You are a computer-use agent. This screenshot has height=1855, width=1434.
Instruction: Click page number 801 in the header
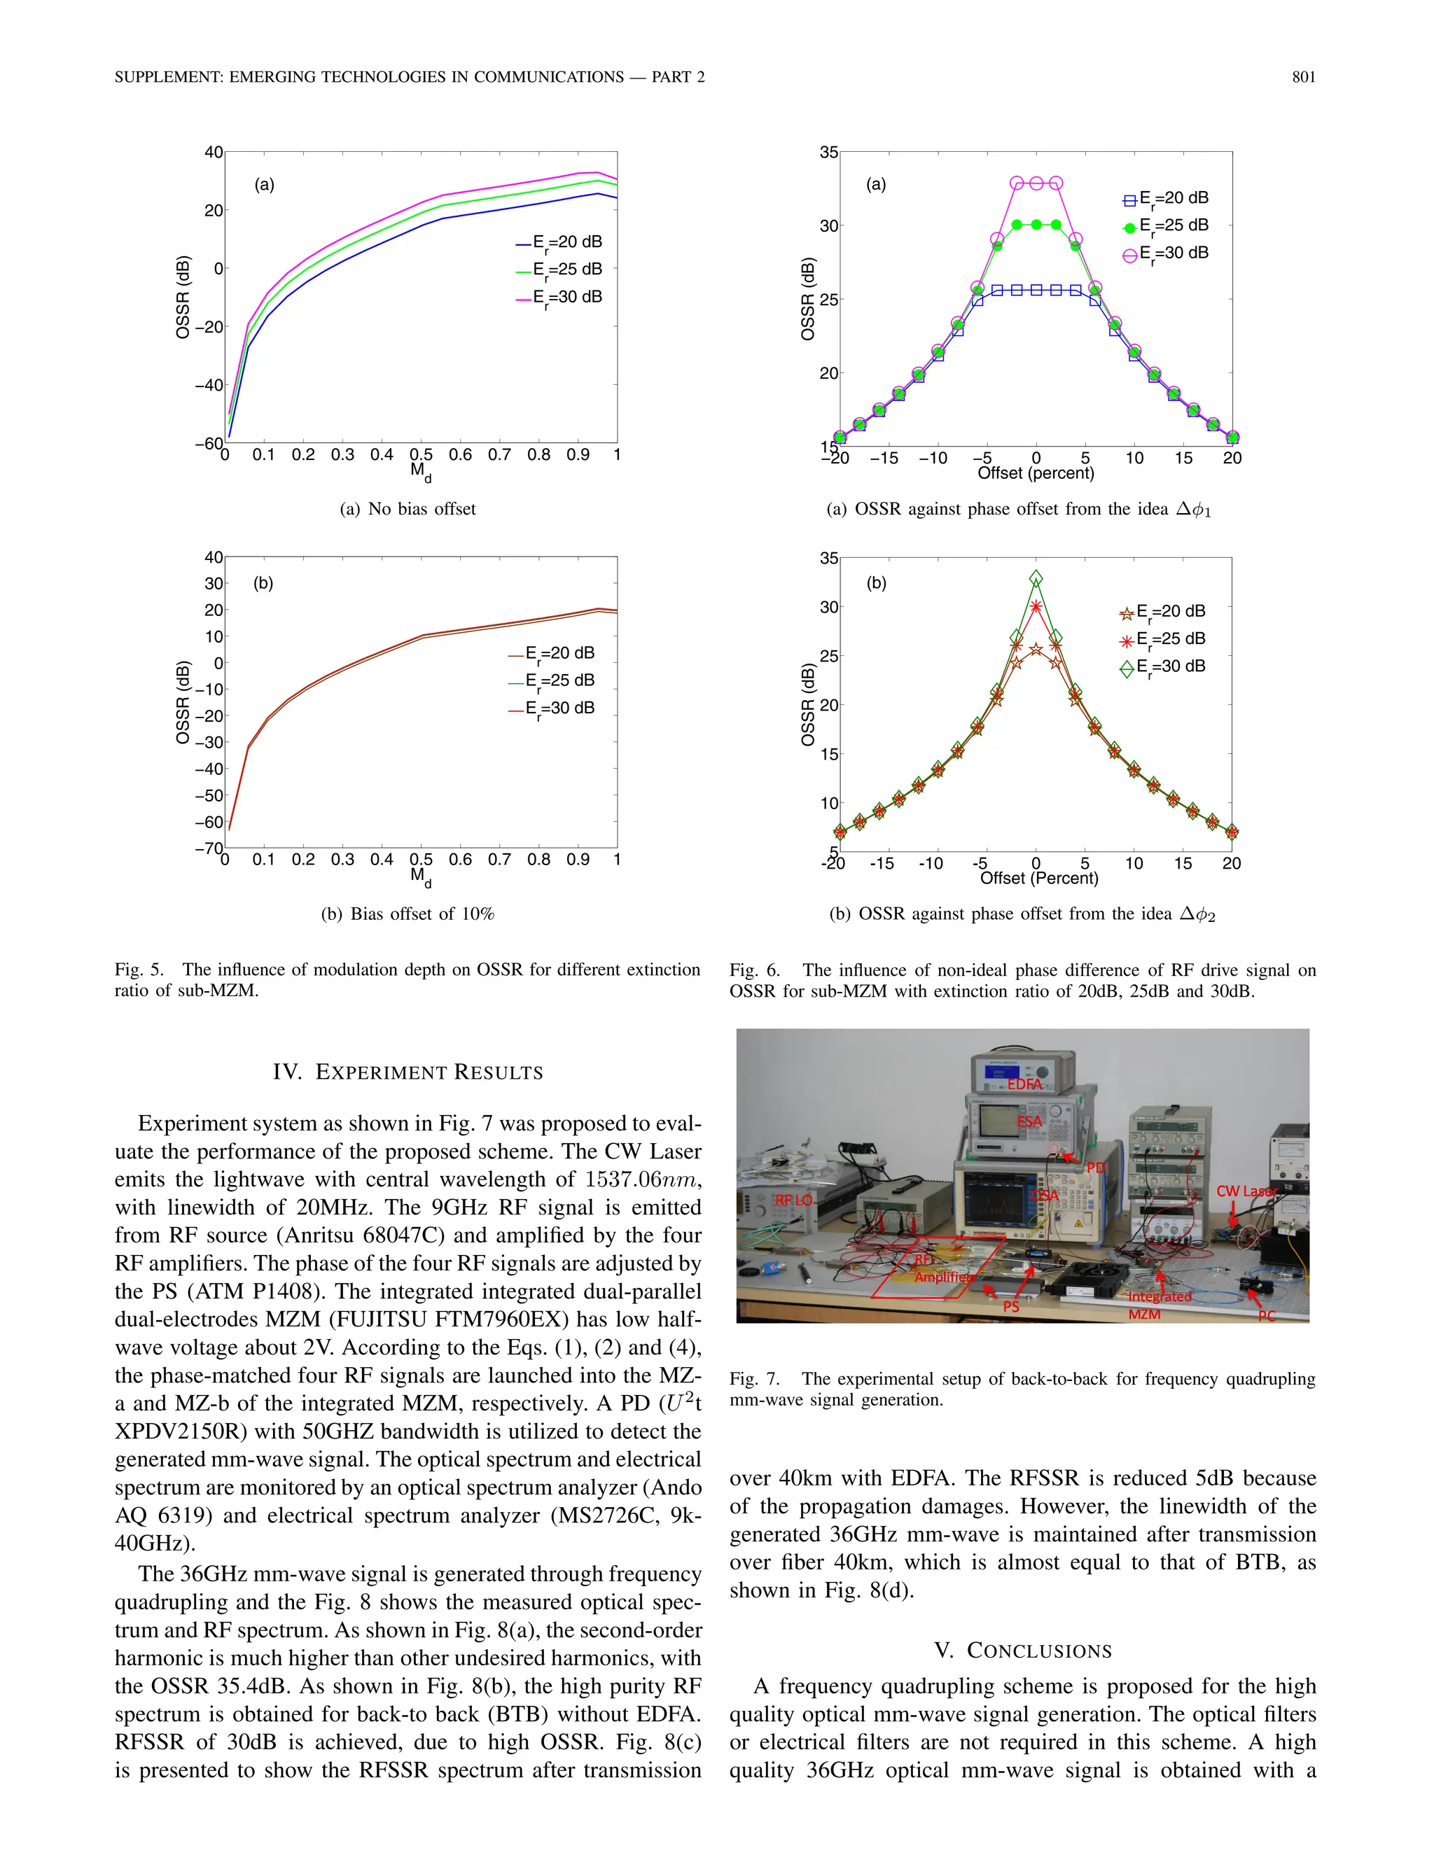tap(1303, 77)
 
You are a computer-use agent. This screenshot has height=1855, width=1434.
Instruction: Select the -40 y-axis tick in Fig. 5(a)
tap(209, 385)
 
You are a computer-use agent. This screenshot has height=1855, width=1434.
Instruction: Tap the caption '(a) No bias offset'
tap(408, 509)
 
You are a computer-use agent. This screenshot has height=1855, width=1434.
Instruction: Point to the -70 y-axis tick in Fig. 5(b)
tap(209, 848)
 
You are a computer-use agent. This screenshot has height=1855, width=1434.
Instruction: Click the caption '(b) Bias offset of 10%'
tap(408, 914)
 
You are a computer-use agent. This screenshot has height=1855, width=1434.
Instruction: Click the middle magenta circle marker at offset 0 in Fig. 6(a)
tap(1036, 183)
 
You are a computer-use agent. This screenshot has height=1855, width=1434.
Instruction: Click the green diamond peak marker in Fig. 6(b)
tap(1036, 578)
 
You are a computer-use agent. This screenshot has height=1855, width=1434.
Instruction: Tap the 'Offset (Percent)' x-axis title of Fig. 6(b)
tap(1039, 878)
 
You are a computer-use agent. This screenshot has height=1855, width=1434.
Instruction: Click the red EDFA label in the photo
tap(1024, 1084)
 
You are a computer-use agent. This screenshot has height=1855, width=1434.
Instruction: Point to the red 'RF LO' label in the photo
tap(793, 1200)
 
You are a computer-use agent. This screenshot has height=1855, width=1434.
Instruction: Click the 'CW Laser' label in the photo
tap(1246, 1191)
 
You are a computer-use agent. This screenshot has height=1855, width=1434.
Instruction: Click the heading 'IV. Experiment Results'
tap(408, 1072)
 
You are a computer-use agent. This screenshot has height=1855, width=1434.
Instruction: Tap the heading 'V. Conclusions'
tap(1023, 1651)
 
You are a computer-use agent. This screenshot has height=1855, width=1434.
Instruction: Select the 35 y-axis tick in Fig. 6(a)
tap(828, 153)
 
